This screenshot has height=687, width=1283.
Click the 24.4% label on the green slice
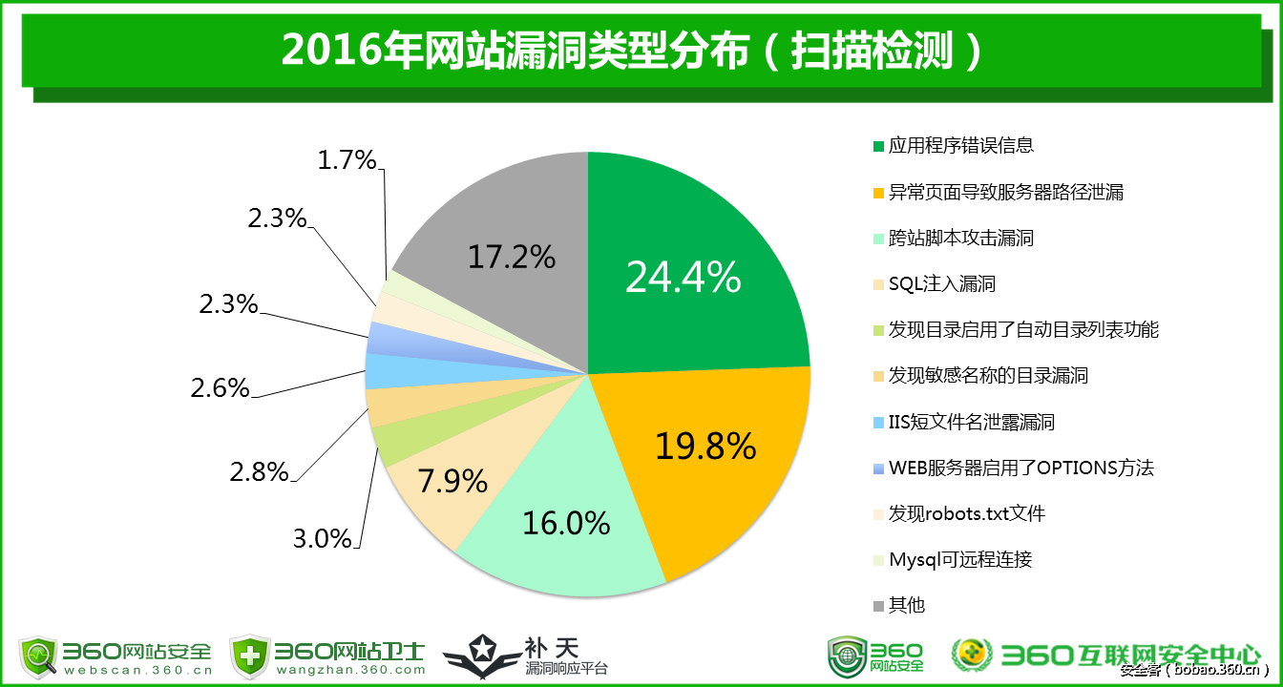coord(683,277)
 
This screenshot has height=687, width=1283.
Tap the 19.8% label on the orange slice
coord(705,446)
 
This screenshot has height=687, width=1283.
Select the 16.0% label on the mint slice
coord(566,523)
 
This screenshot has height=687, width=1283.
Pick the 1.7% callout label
coord(347,160)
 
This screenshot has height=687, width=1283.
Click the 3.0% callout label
coord(323,538)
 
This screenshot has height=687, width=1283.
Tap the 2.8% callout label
coord(259,471)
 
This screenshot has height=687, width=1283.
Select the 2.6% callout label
coord(220,388)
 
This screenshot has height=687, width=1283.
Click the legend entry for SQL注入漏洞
coord(942,284)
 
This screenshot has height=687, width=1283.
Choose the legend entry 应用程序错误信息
coord(961,146)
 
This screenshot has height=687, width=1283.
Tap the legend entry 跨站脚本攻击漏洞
coord(961,239)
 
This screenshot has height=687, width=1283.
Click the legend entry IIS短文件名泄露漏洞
coord(971,423)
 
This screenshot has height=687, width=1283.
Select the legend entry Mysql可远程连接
coord(960,560)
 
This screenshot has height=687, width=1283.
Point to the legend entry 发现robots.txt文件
coord(966,514)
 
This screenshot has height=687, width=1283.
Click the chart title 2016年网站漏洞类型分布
coord(515,52)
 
